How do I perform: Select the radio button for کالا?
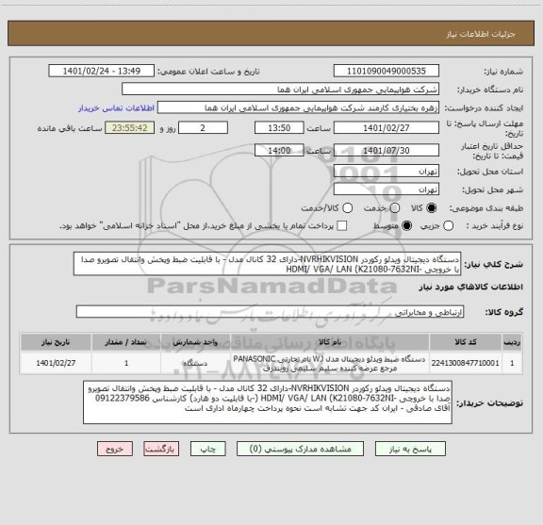tap(433, 209)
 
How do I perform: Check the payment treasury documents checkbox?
tap(343, 226)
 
